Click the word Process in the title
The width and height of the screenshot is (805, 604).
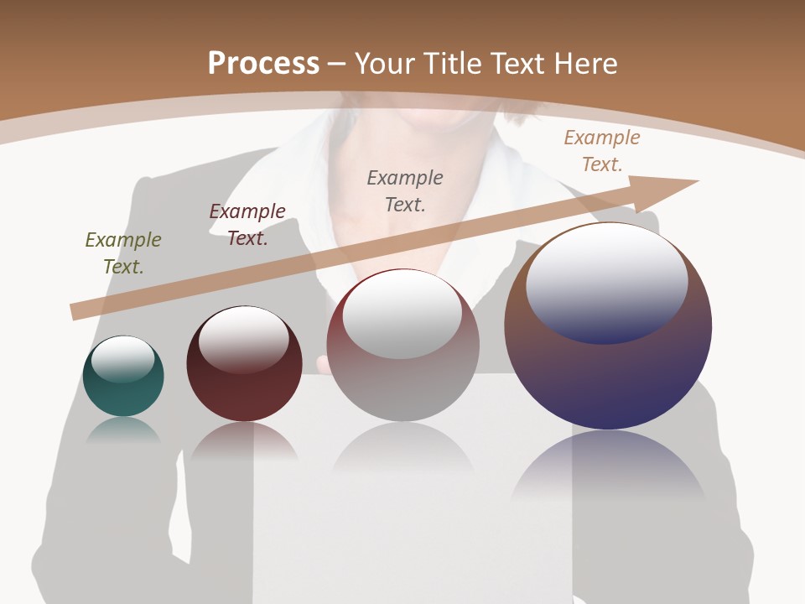(263, 64)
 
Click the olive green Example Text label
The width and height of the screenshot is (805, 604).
(123, 253)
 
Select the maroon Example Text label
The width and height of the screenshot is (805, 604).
(247, 225)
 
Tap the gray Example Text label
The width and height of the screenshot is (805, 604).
(405, 190)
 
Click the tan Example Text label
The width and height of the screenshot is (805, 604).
(602, 151)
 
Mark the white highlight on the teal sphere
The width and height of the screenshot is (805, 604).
(123, 359)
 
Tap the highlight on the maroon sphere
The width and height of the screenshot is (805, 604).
(244, 337)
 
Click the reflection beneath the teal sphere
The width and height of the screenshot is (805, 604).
(123, 430)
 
